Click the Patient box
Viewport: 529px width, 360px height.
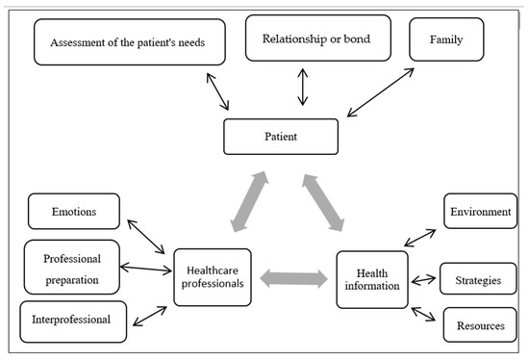tap(283, 137)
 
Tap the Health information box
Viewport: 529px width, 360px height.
tap(372, 279)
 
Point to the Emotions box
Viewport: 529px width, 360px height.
tap(74, 211)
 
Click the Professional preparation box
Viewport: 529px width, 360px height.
tap(71, 266)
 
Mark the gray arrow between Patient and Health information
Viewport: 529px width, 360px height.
tap(322, 202)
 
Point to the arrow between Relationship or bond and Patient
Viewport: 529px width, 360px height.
tap(303, 88)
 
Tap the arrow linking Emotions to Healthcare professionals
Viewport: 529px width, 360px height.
tap(147, 238)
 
